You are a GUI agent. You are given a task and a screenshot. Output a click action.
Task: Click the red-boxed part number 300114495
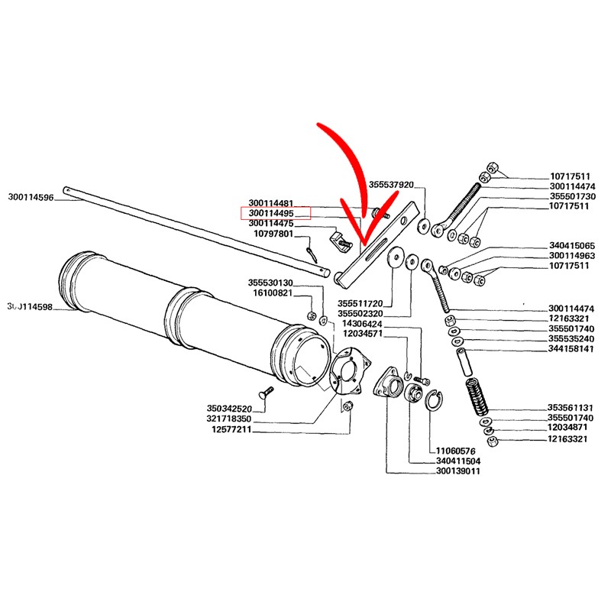(x=271, y=213)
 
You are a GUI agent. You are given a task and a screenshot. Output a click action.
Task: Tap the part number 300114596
(x=31, y=197)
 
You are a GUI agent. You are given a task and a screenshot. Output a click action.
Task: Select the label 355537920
(x=391, y=184)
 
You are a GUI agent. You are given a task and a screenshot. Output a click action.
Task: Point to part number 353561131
(x=570, y=408)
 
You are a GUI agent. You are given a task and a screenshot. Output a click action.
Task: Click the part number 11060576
(x=455, y=451)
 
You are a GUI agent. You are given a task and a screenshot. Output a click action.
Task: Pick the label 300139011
(x=457, y=470)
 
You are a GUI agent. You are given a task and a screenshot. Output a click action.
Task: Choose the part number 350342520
(x=229, y=409)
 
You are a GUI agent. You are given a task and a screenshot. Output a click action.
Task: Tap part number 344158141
(x=571, y=349)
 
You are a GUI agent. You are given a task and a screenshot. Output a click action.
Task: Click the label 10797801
(x=273, y=234)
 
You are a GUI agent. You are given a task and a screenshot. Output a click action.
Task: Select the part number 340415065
(x=572, y=245)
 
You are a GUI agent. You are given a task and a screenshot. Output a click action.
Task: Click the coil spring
(x=477, y=396)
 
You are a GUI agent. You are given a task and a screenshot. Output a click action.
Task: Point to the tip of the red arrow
(x=363, y=244)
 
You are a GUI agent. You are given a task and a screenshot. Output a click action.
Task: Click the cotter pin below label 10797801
(x=312, y=254)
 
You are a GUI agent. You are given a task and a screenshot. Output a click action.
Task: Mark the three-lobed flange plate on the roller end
(x=350, y=370)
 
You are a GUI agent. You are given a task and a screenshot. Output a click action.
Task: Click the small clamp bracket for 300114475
(x=340, y=242)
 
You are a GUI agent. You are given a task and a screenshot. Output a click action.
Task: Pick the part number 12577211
(x=231, y=429)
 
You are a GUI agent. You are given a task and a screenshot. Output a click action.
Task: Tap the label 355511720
(x=360, y=303)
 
